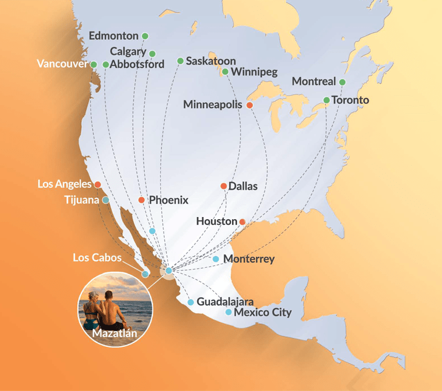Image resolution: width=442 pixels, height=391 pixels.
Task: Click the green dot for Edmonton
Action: [x=145, y=36]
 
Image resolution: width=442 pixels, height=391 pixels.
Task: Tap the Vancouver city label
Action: [x=62, y=64]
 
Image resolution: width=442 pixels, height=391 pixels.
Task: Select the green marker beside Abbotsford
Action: [x=106, y=65]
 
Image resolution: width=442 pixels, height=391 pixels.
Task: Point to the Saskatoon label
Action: [x=211, y=61]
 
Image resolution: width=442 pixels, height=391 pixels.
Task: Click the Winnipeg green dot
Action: [x=225, y=72]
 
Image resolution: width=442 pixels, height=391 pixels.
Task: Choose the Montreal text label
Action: [x=313, y=82]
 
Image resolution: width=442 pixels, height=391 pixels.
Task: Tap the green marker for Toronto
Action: [x=327, y=100]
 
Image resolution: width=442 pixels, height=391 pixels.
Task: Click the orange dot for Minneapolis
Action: [x=250, y=105]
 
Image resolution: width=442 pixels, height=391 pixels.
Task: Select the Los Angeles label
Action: [x=65, y=183]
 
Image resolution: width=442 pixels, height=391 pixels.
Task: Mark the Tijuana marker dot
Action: [x=105, y=200]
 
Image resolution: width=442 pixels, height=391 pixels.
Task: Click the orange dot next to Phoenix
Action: [x=141, y=200]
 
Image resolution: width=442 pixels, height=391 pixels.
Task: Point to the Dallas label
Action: [x=243, y=186]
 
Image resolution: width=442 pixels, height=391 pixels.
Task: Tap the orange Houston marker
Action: [x=242, y=221]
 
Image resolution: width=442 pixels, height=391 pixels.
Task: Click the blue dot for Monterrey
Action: [x=216, y=259]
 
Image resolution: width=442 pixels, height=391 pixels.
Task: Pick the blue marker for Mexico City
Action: [x=229, y=313]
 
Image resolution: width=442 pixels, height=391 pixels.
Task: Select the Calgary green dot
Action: [x=152, y=54]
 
